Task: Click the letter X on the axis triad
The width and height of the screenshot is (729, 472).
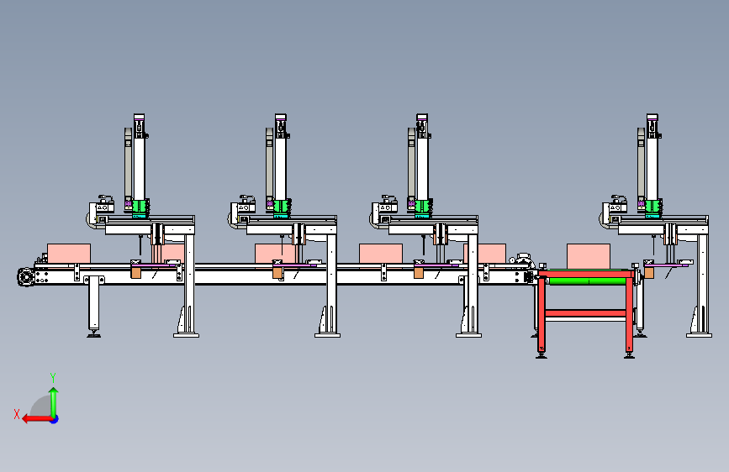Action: [17, 414]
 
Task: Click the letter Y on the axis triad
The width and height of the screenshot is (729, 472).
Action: [53, 377]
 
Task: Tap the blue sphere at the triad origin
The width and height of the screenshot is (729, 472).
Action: [55, 419]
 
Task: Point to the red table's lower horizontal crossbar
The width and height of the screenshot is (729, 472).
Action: [585, 313]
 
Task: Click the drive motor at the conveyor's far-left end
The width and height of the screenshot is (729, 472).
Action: [25, 277]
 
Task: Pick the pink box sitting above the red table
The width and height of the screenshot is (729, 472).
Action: [588, 256]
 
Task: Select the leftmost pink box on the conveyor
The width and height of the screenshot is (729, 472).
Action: [69, 254]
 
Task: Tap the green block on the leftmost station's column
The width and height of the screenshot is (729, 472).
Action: [139, 207]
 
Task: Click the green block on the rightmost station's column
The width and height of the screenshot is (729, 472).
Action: [652, 207]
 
